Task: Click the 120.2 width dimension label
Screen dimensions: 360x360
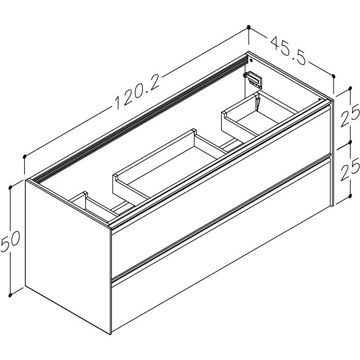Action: (137, 91)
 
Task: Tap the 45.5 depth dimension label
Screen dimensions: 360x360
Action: (289, 51)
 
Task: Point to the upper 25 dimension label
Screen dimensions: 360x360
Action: (349, 117)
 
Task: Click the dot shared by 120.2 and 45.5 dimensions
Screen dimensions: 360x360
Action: (249, 28)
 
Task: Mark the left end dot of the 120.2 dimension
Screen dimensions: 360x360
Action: (24, 157)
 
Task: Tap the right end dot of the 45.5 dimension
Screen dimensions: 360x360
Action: (334, 76)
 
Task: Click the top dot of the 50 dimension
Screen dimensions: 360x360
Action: (10, 188)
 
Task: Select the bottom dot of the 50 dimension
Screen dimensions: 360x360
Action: (10, 295)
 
